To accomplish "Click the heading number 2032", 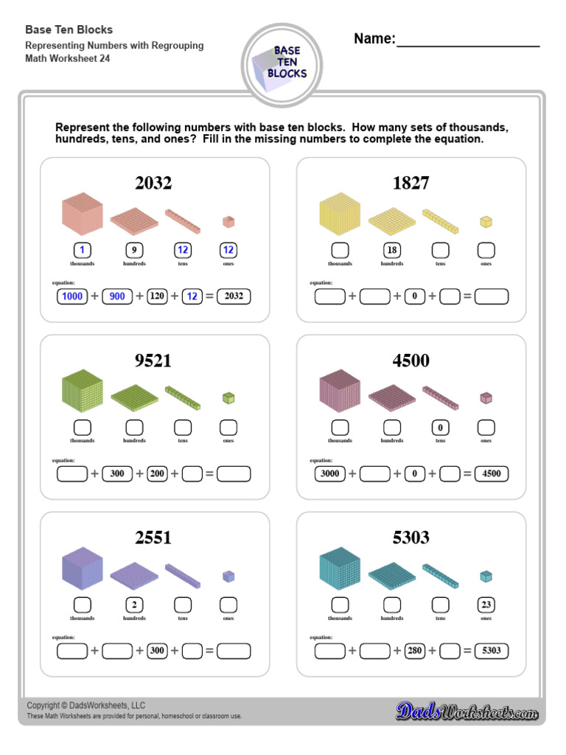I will coord(153,183).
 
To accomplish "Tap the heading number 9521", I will coord(153,361).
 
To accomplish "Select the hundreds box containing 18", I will coord(392,250).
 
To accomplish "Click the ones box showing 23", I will coord(486,605).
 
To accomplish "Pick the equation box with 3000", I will coord(330,473).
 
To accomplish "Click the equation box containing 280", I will coord(415,651).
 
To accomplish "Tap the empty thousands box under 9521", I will coord(83,427).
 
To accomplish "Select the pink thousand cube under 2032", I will coord(82,213).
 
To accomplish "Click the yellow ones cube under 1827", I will coord(485,221).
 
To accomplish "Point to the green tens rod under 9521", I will coord(183,397).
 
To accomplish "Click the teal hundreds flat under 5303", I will coord(392,576).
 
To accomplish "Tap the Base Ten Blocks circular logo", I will coord(282,65).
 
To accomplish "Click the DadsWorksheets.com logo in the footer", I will coord(467,711).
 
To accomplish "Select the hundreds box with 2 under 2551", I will coord(134,605).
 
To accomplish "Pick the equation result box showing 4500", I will coord(492,473).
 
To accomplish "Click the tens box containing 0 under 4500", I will coord(440,427).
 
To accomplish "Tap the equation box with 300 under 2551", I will coord(157,651).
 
